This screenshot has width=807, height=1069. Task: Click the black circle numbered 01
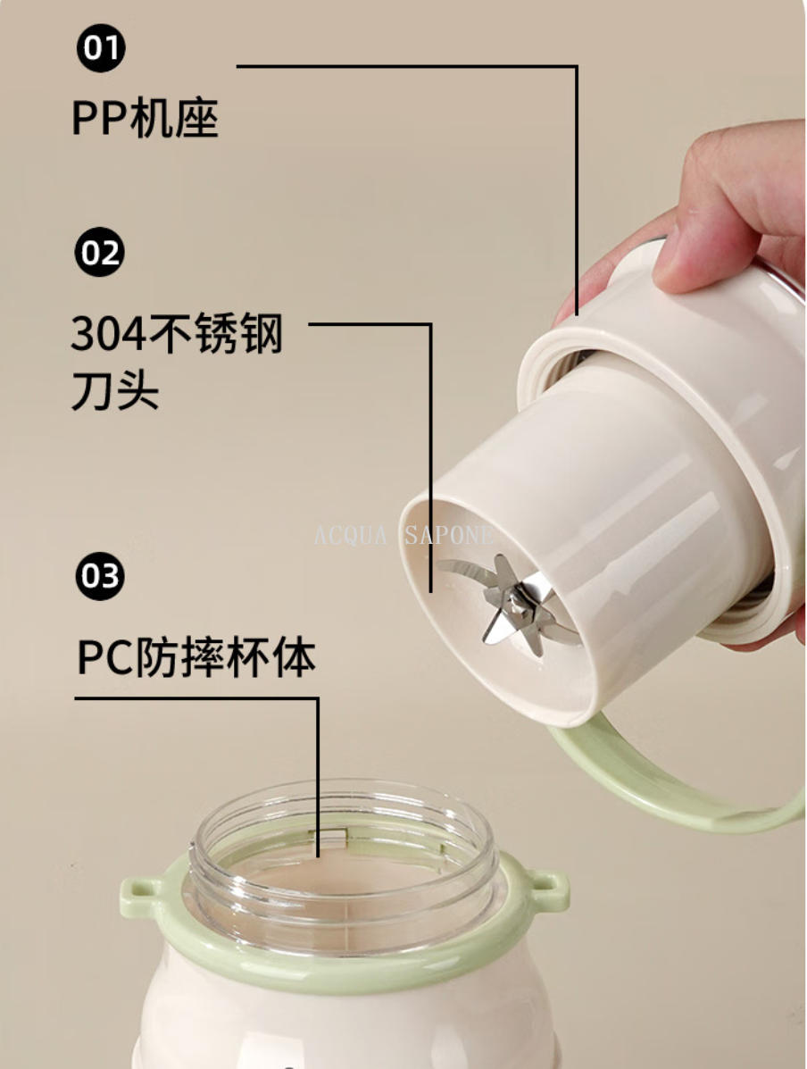tap(101, 47)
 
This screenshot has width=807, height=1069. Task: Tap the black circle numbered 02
tap(99, 252)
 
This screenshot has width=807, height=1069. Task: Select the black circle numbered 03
tap(100, 576)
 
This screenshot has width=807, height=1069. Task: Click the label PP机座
tap(146, 119)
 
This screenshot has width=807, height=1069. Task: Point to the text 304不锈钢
tap(177, 333)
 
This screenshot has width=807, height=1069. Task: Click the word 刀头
tap(115, 390)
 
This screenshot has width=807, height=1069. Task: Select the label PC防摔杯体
tap(196, 657)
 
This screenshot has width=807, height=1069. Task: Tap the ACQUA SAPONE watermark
tap(403, 535)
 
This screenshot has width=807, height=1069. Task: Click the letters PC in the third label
tap(105, 658)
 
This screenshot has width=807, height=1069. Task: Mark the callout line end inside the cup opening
tap(318, 856)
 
